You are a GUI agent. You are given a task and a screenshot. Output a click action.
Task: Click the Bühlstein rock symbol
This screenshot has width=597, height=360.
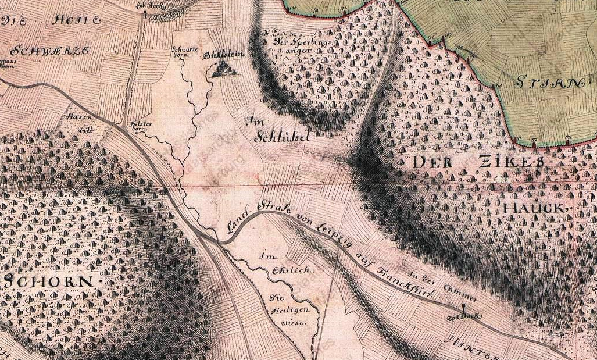click(224, 70)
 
